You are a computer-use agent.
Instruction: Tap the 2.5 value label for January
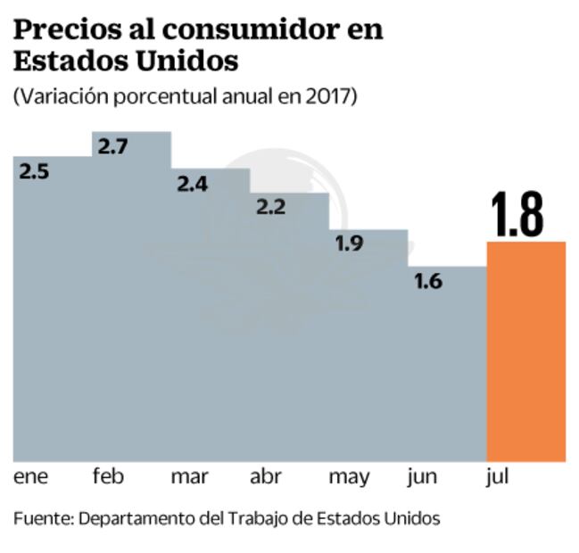[34, 170]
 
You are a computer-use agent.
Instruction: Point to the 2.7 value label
[113, 146]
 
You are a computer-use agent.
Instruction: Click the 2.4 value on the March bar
[193, 184]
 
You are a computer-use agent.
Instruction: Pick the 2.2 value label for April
[271, 208]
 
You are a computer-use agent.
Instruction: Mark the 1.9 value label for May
[350, 243]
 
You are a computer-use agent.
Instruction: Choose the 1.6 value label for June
[428, 281]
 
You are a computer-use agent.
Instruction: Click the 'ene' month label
[31, 477]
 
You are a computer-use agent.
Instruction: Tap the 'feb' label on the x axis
[108, 477]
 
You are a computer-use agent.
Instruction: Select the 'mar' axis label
[189, 477]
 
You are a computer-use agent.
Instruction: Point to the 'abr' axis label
[267, 477]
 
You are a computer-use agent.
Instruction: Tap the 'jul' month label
[497, 477]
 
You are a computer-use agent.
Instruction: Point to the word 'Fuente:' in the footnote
[43, 518]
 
